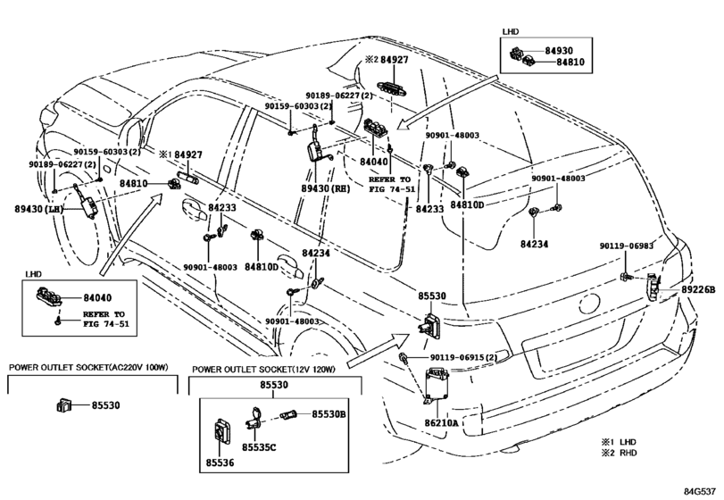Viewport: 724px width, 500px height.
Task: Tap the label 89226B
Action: tap(698, 290)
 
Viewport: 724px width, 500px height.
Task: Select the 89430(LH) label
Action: tap(38, 209)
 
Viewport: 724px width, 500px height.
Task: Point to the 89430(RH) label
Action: tap(326, 188)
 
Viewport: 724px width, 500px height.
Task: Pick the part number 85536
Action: tap(220, 462)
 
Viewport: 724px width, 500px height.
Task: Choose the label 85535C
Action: tap(259, 447)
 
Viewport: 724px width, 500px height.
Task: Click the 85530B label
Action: tap(329, 414)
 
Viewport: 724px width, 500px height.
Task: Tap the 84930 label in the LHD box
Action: tap(559, 51)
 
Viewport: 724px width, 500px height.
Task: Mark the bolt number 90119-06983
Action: tap(627, 246)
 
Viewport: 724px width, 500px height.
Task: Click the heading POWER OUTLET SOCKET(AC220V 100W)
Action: tap(88, 368)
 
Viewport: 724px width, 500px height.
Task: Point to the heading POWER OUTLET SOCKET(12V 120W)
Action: tap(263, 370)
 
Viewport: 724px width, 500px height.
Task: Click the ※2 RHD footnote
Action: tap(619, 453)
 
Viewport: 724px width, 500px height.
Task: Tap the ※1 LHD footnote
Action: tap(619, 442)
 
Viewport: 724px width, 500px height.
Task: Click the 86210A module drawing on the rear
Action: tap(437, 385)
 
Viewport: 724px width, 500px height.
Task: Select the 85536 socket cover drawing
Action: tap(222, 432)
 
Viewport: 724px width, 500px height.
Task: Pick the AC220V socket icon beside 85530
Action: tap(63, 404)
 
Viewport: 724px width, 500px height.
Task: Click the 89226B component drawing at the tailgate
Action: tap(653, 287)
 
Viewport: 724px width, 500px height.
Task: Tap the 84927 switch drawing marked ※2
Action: tap(393, 87)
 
